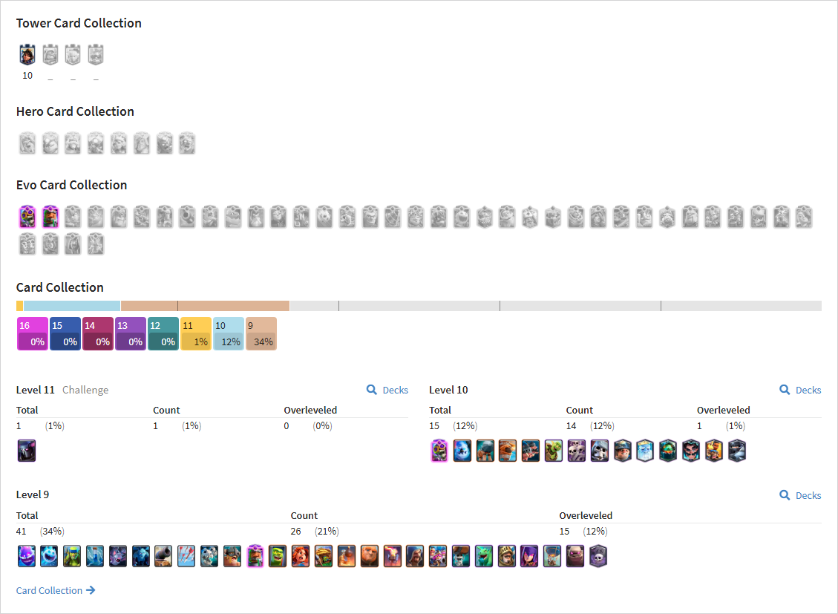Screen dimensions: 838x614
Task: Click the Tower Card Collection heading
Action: (x=79, y=23)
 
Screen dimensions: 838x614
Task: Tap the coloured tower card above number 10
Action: (x=27, y=54)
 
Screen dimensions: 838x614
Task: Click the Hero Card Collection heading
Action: (x=75, y=111)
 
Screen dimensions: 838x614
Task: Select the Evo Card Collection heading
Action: (x=71, y=185)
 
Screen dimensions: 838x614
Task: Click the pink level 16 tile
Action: (x=33, y=334)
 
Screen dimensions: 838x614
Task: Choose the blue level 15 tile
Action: (x=65, y=334)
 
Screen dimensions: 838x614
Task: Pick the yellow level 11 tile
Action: (x=196, y=334)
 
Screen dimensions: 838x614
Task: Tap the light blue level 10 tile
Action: (x=228, y=334)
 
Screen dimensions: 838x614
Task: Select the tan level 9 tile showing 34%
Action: (x=261, y=334)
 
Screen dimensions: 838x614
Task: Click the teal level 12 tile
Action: (x=163, y=334)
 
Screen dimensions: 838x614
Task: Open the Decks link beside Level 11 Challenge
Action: (x=387, y=390)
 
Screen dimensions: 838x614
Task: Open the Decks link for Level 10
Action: (x=800, y=390)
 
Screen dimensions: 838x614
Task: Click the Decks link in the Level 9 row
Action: (x=800, y=495)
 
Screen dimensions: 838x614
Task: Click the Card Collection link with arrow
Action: (x=56, y=590)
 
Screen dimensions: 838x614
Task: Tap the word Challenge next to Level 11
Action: (x=85, y=390)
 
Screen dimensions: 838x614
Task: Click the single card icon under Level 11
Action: (x=27, y=451)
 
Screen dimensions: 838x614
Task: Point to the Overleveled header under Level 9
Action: (x=586, y=516)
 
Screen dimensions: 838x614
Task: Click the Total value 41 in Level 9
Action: (x=21, y=531)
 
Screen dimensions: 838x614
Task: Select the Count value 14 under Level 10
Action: (x=572, y=426)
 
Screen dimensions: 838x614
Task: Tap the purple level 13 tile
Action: (x=131, y=334)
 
